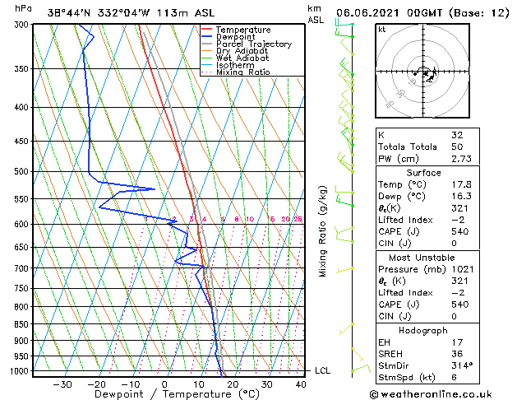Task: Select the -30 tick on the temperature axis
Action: [x=62, y=384]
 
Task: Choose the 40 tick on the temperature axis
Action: [x=301, y=384]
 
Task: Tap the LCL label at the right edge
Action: [x=322, y=370]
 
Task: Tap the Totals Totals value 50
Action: [x=456, y=147]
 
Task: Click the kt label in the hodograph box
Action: [x=382, y=29]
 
